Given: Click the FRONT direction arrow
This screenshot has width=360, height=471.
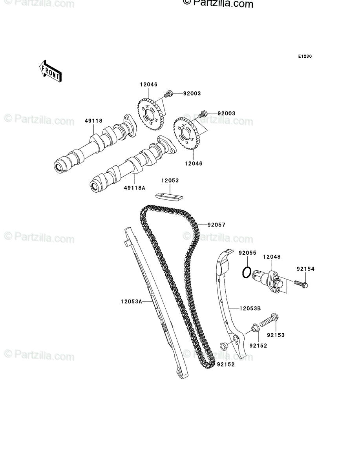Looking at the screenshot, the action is [x=50, y=71].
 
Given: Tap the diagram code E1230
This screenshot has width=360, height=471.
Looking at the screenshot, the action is [x=305, y=57].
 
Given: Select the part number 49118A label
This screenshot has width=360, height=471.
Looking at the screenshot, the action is [x=135, y=188].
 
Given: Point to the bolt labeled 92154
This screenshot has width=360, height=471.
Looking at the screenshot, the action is [x=301, y=284].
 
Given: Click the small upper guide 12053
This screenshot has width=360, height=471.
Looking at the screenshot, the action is [x=169, y=197].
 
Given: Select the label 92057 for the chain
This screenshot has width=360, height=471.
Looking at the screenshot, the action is [x=216, y=225].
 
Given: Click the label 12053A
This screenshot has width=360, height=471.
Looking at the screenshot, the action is [x=132, y=302].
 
